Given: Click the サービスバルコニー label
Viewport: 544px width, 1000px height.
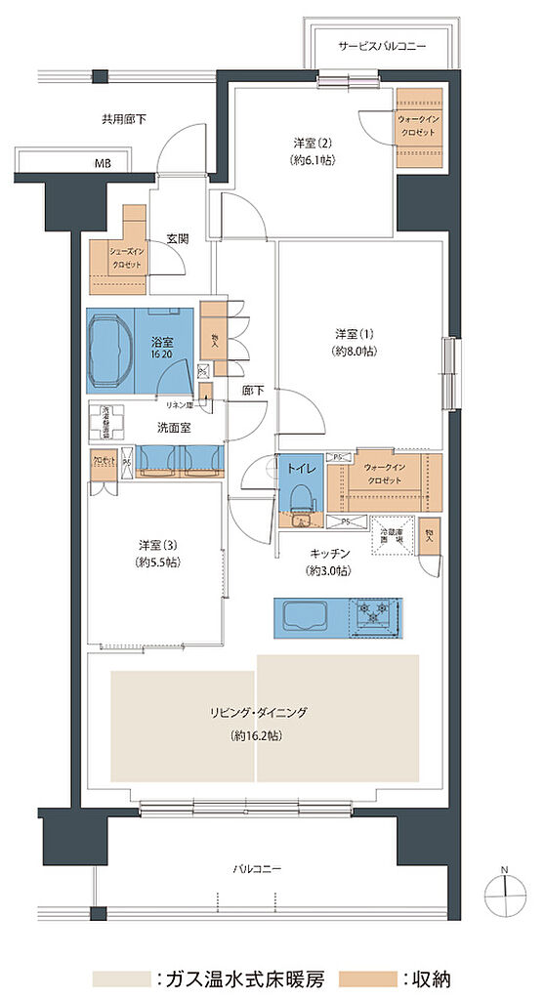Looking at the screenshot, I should [x=382, y=46].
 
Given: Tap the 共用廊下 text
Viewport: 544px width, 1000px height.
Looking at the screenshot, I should [x=123, y=120].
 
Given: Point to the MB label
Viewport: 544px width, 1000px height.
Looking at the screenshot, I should [x=102, y=163].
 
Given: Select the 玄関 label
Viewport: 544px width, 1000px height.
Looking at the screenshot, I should [x=177, y=237].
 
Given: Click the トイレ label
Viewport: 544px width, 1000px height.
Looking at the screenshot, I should [x=300, y=469].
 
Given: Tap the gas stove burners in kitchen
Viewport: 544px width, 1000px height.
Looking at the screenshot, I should [x=376, y=614].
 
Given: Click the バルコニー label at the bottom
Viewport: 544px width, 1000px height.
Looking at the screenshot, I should [x=257, y=867].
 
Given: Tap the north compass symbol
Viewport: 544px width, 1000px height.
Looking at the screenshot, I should [x=503, y=890].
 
